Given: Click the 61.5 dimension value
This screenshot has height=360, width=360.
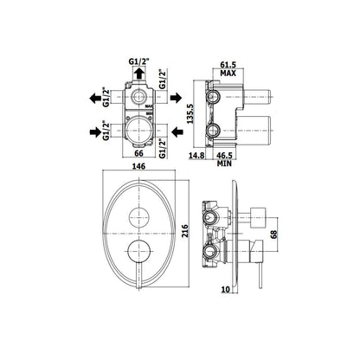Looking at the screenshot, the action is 228,65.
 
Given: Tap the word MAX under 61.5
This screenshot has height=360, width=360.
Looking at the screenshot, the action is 228,73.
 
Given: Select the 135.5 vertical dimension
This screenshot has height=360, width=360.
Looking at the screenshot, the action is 190,113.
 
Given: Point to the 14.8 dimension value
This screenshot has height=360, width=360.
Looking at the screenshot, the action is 196,156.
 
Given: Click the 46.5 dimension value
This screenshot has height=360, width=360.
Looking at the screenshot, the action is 225,156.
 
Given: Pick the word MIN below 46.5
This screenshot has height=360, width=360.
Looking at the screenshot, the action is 225,164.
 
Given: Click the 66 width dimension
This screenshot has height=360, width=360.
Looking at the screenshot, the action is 138,153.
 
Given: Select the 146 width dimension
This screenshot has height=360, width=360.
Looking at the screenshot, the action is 138,166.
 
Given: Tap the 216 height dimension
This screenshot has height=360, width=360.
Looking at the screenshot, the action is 185,231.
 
